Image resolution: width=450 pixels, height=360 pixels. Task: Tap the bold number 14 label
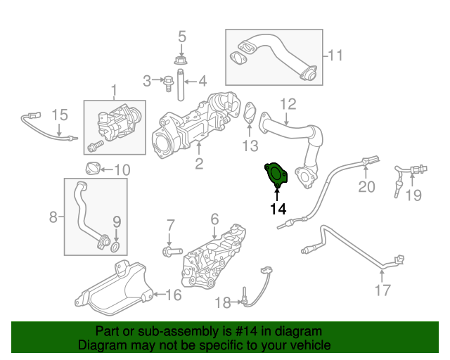(x=278, y=208)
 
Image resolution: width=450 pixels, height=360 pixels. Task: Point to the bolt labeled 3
(x=168, y=82)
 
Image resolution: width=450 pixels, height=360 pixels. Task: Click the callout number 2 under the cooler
(x=199, y=165)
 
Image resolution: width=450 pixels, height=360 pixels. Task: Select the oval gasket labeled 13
(x=249, y=114)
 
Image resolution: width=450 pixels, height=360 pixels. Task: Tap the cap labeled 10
(x=92, y=169)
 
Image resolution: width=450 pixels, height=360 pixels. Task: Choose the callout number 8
(x=53, y=217)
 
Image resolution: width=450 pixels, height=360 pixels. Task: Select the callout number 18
(x=222, y=303)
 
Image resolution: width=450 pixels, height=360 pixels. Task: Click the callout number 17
(x=382, y=288)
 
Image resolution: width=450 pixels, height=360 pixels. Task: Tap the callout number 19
(x=414, y=195)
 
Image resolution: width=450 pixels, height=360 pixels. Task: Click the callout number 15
(x=59, y=114)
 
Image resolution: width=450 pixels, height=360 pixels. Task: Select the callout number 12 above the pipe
(x=288, y=105)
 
